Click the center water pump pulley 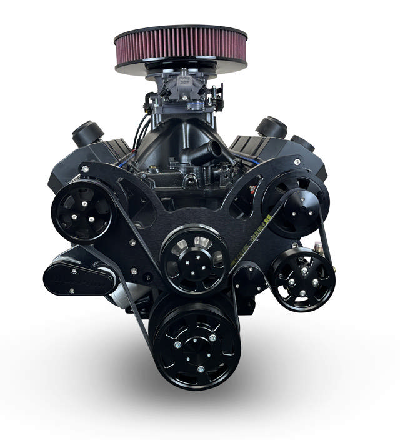[194, 258]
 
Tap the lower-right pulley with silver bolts [302, 279]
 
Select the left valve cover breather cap [87, 133]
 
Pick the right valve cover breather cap [271, 127]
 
